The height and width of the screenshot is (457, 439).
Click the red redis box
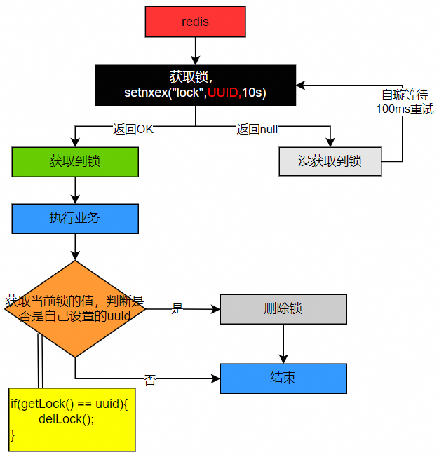(x=195, y=22)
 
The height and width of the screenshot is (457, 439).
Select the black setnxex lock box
(x=196, y=85)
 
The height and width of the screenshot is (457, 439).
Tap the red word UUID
(x=224, y=93)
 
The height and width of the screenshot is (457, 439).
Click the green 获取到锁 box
(x=75, y=161)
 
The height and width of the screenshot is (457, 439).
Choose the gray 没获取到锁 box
(x=330, y=161)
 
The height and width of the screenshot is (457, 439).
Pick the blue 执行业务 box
(x=75, y=218)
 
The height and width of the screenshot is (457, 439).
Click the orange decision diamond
(x=75, y=308)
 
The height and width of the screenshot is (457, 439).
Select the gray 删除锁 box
(x=283, y=308)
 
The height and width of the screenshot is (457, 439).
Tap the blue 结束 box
(x=283, y=378)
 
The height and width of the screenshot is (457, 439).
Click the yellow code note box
(x=72, y=419)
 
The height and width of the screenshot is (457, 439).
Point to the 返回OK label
(x=133, y=129)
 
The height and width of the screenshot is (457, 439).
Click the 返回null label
(x=258, y=129)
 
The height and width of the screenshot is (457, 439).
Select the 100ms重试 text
(x=405, y=109)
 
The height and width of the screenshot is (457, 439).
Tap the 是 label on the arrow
(x=177, y=308)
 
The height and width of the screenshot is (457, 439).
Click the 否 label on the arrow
(x=150, y=380)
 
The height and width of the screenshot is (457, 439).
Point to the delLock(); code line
(x=66, y=418)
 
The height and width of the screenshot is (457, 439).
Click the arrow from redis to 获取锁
(x=196, y=51)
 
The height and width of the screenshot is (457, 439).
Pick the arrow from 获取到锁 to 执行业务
(x=75, y=189)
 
